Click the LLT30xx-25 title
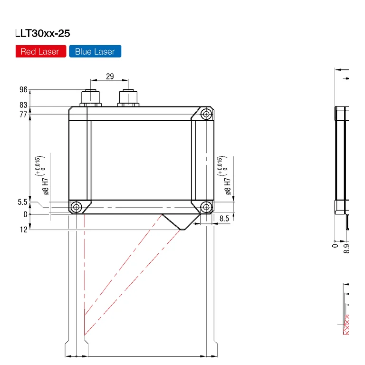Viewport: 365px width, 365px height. pos(43,33)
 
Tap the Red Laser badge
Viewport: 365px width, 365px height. pos(41,51)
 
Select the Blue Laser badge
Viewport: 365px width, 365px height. pos(95,51)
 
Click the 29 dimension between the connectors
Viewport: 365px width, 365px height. pos(110,77)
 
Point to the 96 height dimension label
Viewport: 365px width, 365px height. pos(23,90)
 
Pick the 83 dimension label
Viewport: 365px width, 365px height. pos(23,105)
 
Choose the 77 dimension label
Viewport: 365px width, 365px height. pos(23,115)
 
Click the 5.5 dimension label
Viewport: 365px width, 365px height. pos(22,202)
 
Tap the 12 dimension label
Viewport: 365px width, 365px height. pos(23,230)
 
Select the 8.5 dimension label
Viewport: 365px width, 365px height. pos(224,219)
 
